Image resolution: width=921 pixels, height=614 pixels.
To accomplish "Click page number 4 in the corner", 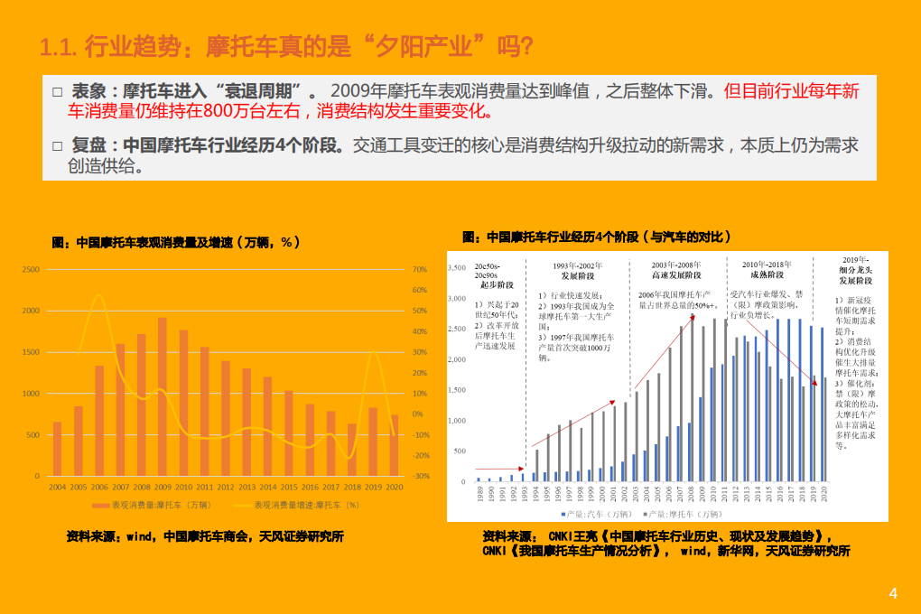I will (x=893, y=594).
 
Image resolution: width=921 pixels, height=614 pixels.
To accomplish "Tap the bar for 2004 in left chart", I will (x=58, y=449).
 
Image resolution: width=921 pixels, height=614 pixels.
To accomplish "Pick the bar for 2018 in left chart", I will (x=351, y=450).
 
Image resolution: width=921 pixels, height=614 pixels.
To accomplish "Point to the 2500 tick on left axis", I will (x=30, y=269).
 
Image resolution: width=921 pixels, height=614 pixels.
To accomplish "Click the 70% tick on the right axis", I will (x=419, y=269).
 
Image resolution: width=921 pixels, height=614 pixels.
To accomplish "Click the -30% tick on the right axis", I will (x=420, y=476).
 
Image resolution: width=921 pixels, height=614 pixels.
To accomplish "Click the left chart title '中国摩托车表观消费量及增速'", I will (x=176, y=243).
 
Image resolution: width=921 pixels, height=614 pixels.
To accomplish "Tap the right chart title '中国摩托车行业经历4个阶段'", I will (x=596, y=237).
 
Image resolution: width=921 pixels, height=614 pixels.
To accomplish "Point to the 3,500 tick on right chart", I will (x=456, y=268).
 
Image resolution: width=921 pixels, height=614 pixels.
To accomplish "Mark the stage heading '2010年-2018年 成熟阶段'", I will (x=767, y=269).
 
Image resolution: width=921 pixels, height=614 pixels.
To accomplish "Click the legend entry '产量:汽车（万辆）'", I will (x=596, y=513).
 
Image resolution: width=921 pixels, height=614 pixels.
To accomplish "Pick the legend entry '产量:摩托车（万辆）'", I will (x=673, y=513).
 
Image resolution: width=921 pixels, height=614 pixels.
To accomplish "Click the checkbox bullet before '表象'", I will (x=57, y=92).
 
